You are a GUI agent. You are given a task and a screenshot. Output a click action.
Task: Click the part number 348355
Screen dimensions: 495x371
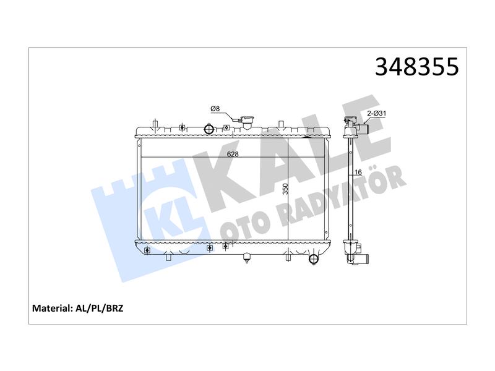[416, 67]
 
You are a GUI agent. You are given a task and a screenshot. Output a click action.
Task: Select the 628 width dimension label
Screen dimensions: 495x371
[233, 154]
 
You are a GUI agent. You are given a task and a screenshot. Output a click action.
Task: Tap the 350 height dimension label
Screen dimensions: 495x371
[285, 189]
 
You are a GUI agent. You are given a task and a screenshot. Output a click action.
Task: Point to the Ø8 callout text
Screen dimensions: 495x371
[215, 109]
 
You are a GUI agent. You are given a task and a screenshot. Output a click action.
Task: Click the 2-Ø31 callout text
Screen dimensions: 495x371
[376, 113]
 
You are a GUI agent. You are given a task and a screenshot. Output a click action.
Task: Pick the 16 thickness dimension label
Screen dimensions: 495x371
[358, 172]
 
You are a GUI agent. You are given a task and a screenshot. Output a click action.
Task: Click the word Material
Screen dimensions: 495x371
[53, 308]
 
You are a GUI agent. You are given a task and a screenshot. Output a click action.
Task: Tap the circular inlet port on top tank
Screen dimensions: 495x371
[209, 129]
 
